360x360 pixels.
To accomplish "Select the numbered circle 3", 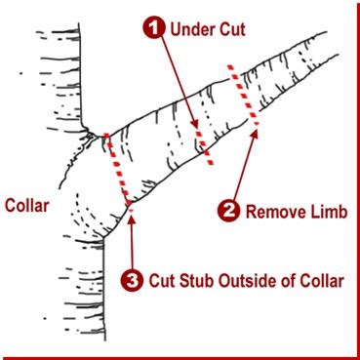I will pos(133,281).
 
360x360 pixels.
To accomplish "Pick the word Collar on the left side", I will pos(25,206).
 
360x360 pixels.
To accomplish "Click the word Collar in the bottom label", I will pos(323,281).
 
